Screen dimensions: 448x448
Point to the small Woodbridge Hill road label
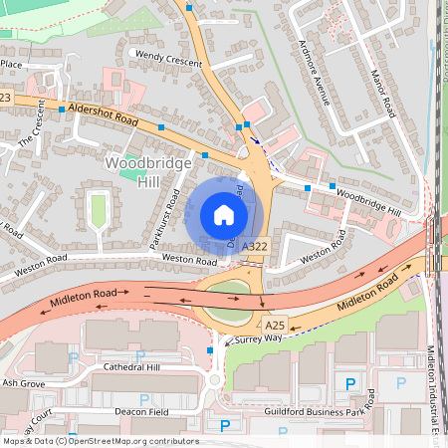[367, 202]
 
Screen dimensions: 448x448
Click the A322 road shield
[254, 246]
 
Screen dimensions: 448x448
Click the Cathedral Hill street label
[138, 367]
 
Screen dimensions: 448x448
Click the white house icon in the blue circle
[224, 215]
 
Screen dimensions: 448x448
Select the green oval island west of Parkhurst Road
[98, 209]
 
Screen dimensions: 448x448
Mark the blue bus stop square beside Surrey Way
[210, 350]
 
